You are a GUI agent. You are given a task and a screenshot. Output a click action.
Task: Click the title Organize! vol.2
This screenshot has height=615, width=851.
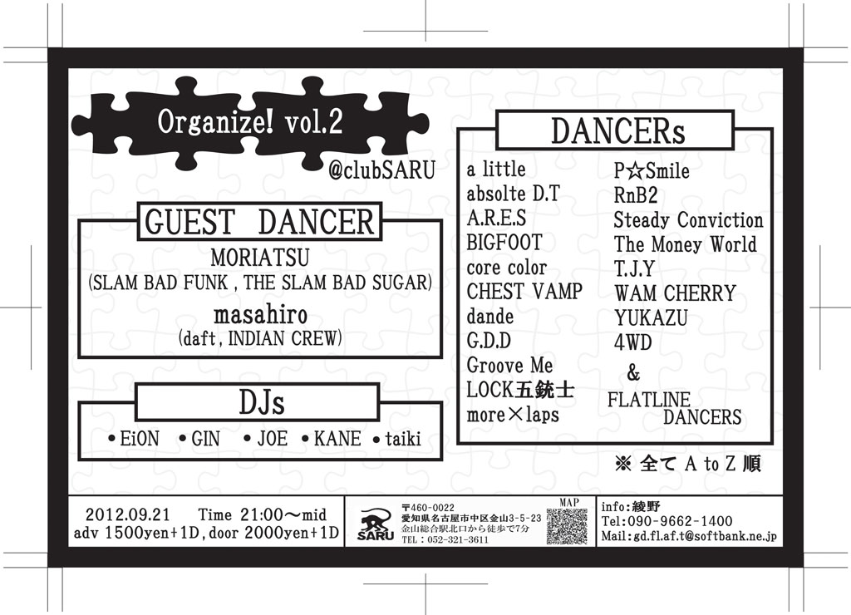[250, 121]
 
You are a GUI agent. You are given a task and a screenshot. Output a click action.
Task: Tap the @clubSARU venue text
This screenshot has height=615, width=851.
[382, 170]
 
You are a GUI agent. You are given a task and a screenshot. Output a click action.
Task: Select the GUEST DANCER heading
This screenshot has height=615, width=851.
[259, 221]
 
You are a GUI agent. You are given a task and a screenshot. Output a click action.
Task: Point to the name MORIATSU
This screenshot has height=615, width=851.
[260, 258]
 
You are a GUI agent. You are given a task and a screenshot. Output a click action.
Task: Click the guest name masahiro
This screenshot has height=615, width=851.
[260, 314]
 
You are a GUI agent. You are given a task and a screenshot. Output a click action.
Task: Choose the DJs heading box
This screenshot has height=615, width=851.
[258, 402]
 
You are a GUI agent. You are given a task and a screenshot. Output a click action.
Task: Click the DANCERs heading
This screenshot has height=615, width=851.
[617, 130]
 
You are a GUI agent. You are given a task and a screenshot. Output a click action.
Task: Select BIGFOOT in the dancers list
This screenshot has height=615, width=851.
[504, 242]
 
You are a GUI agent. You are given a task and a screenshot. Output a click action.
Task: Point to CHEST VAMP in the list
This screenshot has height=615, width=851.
[524, 292]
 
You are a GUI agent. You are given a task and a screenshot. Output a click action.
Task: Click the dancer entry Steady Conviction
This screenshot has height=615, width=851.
[688, 220]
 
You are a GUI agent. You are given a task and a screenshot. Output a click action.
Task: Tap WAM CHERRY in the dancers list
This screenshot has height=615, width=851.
[675, 293]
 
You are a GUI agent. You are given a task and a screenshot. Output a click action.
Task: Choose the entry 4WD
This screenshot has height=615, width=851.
[632, 342]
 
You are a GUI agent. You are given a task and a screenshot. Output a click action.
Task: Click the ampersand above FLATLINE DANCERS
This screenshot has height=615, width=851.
[633, 373]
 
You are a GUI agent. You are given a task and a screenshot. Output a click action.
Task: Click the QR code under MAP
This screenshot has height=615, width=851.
[567, 527]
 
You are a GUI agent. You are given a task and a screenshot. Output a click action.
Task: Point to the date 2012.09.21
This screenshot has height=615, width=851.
[127, 514]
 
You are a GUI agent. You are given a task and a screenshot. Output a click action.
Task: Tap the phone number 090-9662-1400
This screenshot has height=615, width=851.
[680, 522]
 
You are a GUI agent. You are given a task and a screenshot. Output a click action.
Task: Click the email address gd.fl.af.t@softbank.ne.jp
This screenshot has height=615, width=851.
[705, 536]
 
